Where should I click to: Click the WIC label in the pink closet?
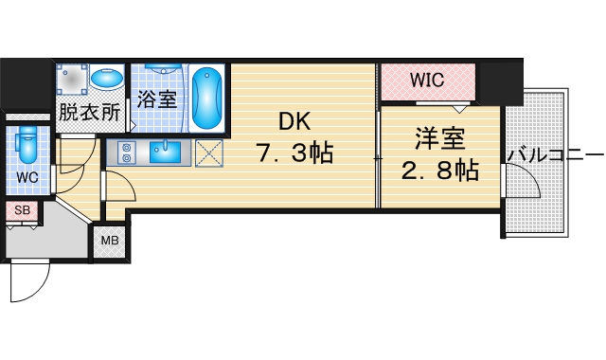click(x=426, y=81)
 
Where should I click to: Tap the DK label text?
click(x=294, y=121)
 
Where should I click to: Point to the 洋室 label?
click(x=439, y=139)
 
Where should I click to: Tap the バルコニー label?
click(x=555, y=153)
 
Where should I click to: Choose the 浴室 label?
click(x=157, y=99)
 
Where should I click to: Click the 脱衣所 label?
click(x=89, y=112)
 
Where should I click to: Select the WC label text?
click(x=26, y=176)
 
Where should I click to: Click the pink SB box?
click(x=21, y=210)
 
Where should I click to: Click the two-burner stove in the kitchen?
click(x=122, y=152)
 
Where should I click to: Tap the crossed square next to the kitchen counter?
click(x=207, y=152)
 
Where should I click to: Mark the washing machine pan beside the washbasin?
click(x=72, y=81)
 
